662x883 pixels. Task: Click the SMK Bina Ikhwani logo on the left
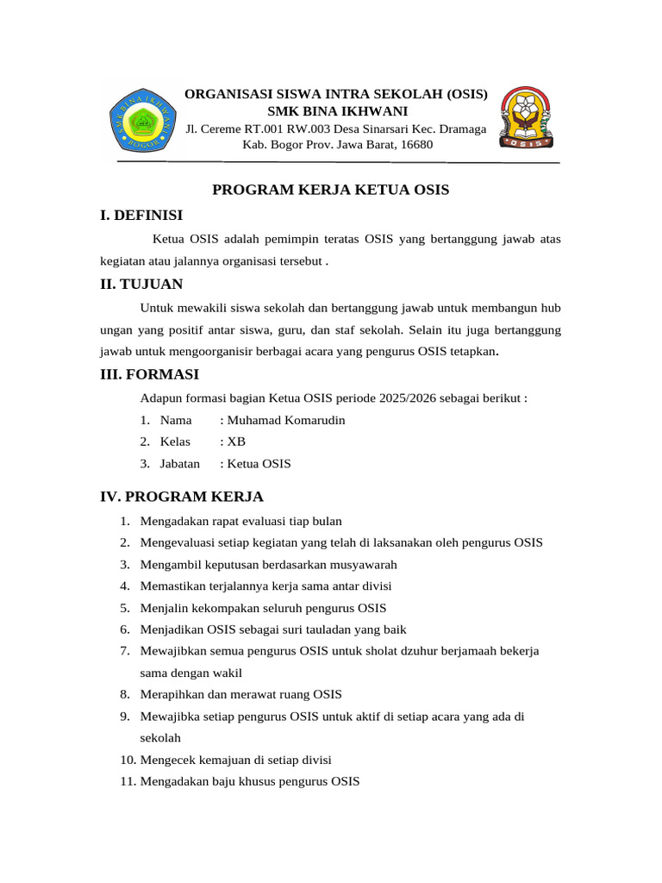coord(141,121)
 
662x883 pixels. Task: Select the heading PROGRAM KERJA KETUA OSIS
coord(331,190)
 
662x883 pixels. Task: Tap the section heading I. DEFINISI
coord(141,216)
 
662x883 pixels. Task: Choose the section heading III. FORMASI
coord(149,374)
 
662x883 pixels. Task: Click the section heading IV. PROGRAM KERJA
coord(182,497)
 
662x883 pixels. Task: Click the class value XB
coord(236,441)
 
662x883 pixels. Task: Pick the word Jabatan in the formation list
coord(180,464)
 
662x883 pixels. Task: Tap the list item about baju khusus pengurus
coord(250,782)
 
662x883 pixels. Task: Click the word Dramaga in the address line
coord(461,129)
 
